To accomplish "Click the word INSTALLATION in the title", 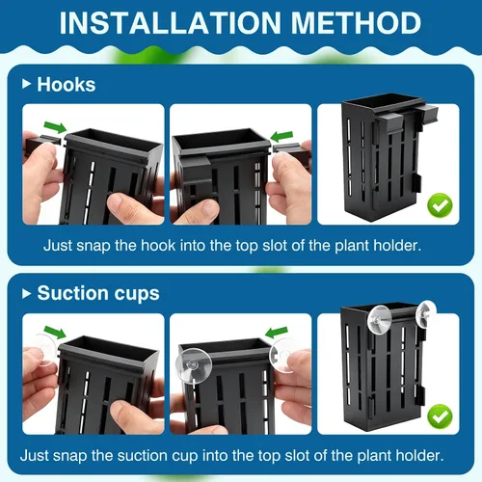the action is tap(171, 23).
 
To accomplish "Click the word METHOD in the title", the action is tap(356, 23).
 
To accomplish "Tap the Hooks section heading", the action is tap(67, 85).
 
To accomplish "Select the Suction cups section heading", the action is tap(98, 293).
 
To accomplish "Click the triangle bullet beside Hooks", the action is tap(26, 84).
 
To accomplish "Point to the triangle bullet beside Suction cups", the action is tap(26, 293).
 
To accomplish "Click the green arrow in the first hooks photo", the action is tap(55, 127).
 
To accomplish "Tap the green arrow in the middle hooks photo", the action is tap(281, 136).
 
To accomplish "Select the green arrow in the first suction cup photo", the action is tap(55, 332).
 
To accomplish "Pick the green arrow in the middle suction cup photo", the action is tap(277, 333).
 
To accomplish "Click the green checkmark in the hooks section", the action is tap(440, 205).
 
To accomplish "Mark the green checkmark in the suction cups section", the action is tap(440, 416).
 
